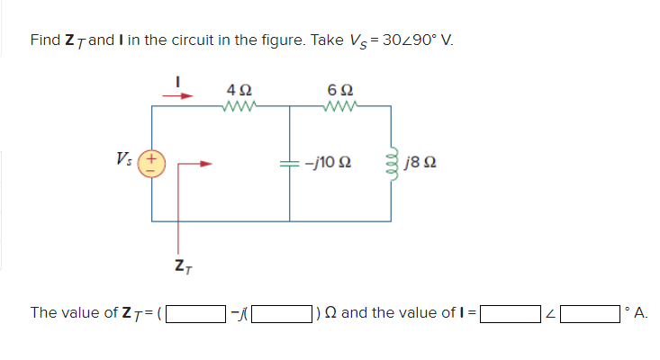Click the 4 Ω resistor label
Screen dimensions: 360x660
(x=240, y=90)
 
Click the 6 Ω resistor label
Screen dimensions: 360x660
(x=341, y=90)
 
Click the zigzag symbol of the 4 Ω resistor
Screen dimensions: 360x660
(x=240, y=107)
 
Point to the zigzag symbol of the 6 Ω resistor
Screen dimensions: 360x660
(x=341, y=107)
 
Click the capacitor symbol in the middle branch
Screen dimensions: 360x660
(x=290, y=164)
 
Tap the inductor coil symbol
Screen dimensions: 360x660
(x=393, y=164)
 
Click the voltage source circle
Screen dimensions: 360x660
(x=151, y=164)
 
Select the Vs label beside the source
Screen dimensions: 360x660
(x=126, y=162)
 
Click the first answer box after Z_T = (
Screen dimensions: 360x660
(x=195, y=313)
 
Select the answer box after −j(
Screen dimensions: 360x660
(x=280, y=313)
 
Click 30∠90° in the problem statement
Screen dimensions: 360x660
(x=420, y=41)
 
